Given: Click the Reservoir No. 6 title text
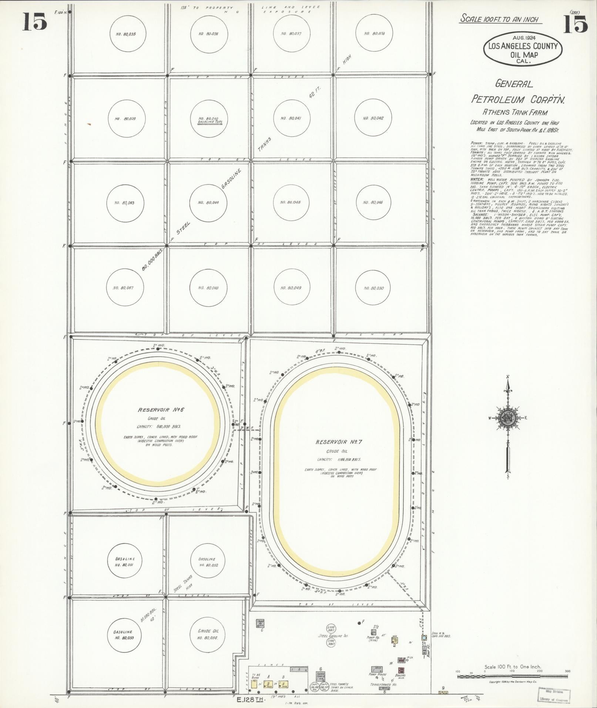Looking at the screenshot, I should pos(161,410).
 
